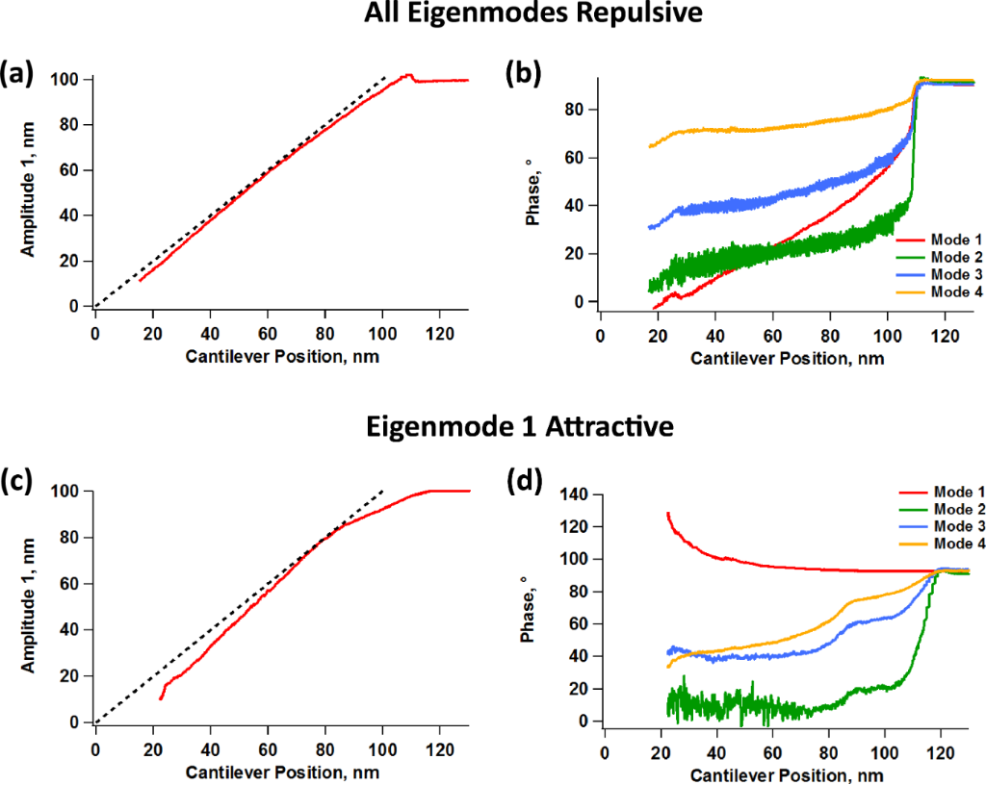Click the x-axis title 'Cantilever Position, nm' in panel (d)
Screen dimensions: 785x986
pyautogui.click(x=789, y=772)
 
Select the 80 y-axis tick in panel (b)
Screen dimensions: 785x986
pyautogui.click(x=576, y=110)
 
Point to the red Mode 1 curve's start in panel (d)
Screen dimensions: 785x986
pyautogui.click(x=668, y=514)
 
